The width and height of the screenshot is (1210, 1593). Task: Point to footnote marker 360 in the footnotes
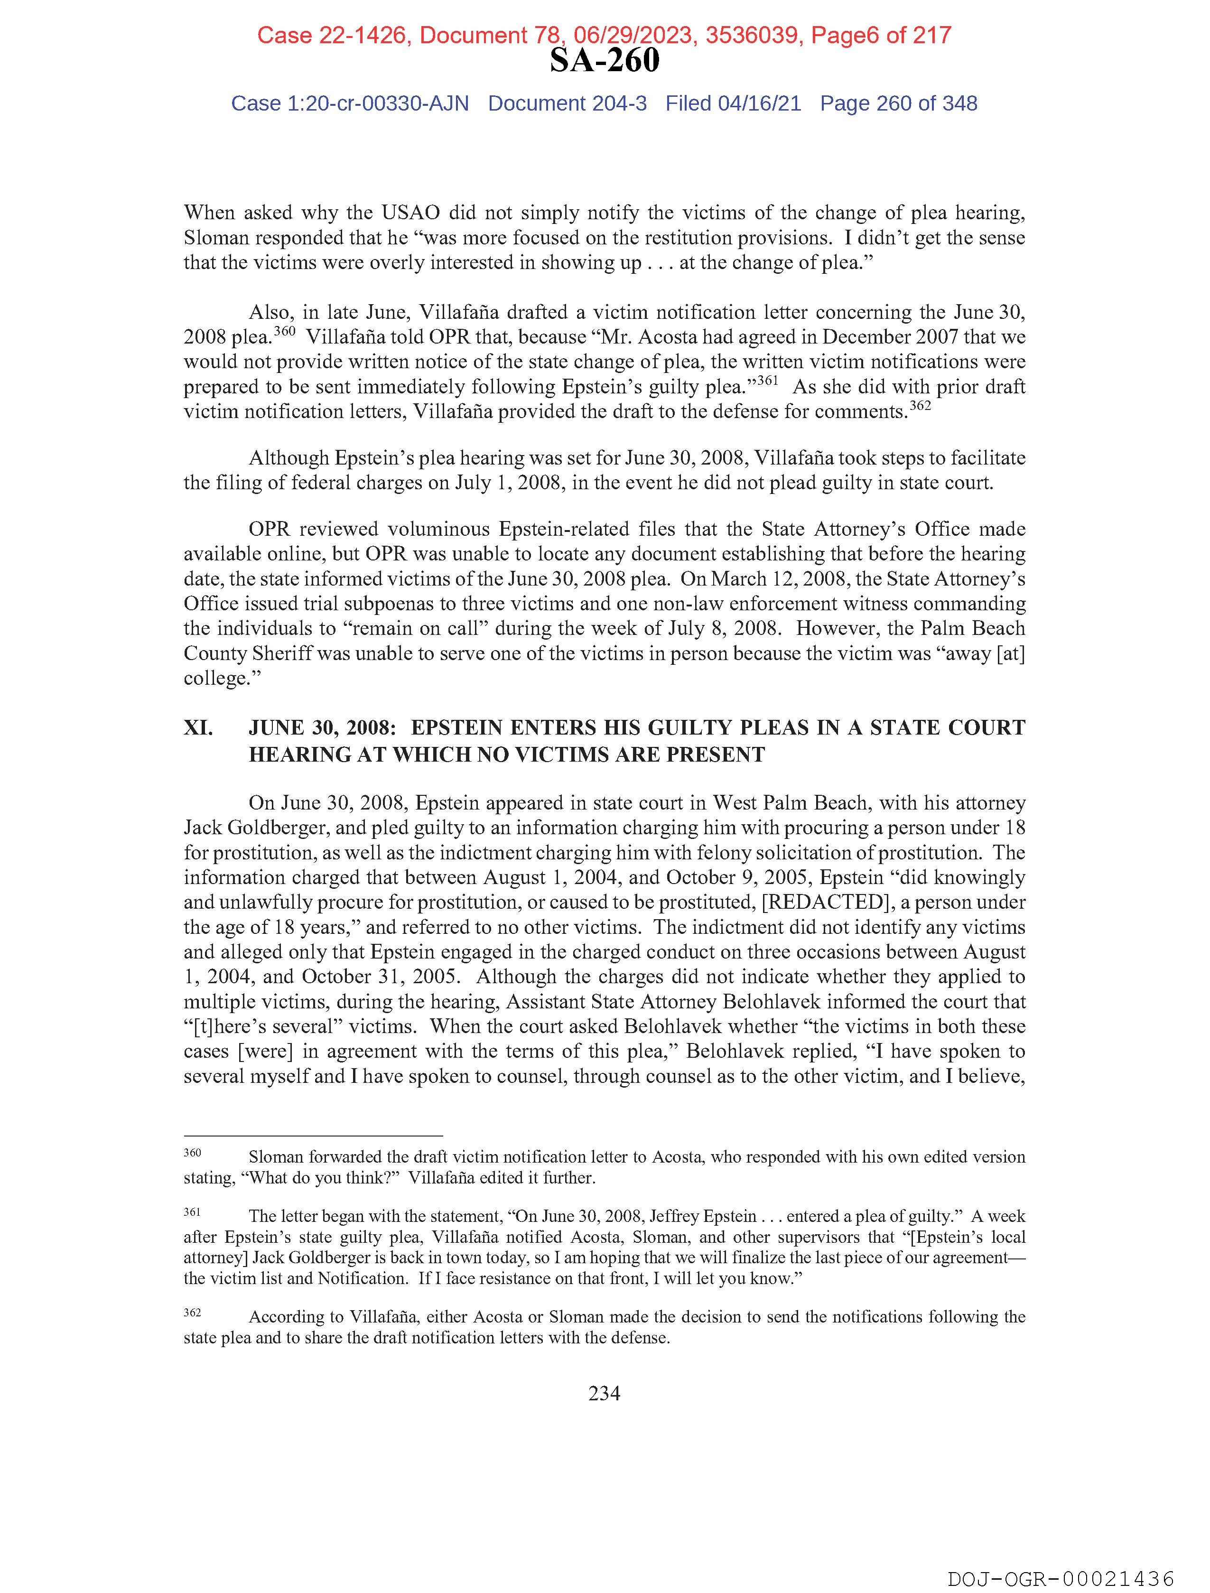pyautogui.click(x=192, y=1153)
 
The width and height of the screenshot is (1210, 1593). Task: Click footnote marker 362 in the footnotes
pyautogui.click(x=192, y=1312)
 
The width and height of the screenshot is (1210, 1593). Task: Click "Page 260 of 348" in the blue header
pyautogui.click(x=898, y=104)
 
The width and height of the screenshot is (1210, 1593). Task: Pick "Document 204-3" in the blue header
pyautogui.click(x=567, y=104)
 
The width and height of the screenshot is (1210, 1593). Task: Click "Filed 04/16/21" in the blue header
pyautogui.click(x=733, y=104)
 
